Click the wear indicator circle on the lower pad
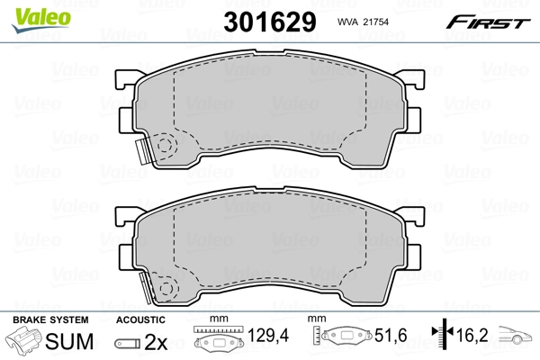click(164, 288)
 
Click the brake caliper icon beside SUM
click(25, 341)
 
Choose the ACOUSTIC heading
click(140, 319)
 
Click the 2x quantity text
click(157, 342)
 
